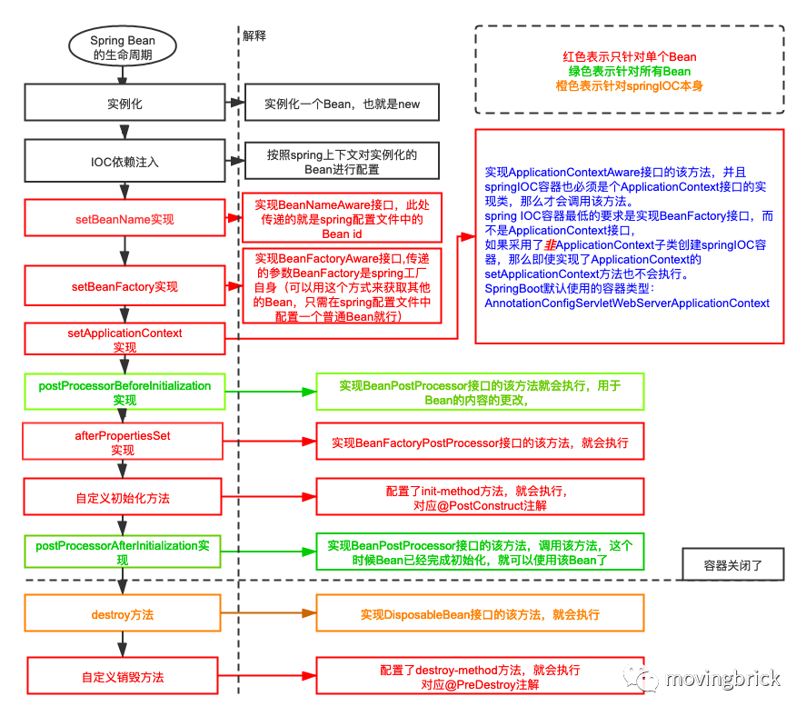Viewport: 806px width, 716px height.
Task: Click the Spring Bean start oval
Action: (123, 48)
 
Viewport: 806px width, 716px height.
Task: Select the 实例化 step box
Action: (124, 104)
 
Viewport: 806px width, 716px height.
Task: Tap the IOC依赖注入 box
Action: (124, 162)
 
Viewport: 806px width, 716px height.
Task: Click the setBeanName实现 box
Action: (124, 219)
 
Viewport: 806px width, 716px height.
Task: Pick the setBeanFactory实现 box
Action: (124, 286)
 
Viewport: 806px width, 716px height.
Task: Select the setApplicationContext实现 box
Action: (124, 340)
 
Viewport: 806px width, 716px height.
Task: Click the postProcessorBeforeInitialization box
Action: (124, 393)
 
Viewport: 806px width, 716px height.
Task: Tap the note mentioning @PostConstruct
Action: (480, 498)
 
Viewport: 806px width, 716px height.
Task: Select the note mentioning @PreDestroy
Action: (480, 677)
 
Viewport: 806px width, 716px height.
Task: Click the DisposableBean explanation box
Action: (480, 614)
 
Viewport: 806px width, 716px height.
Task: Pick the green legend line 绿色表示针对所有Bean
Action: (629, 71)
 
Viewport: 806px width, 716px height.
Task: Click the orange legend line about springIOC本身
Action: (629, 85)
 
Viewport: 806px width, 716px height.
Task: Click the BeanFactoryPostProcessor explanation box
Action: (480, 443)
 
